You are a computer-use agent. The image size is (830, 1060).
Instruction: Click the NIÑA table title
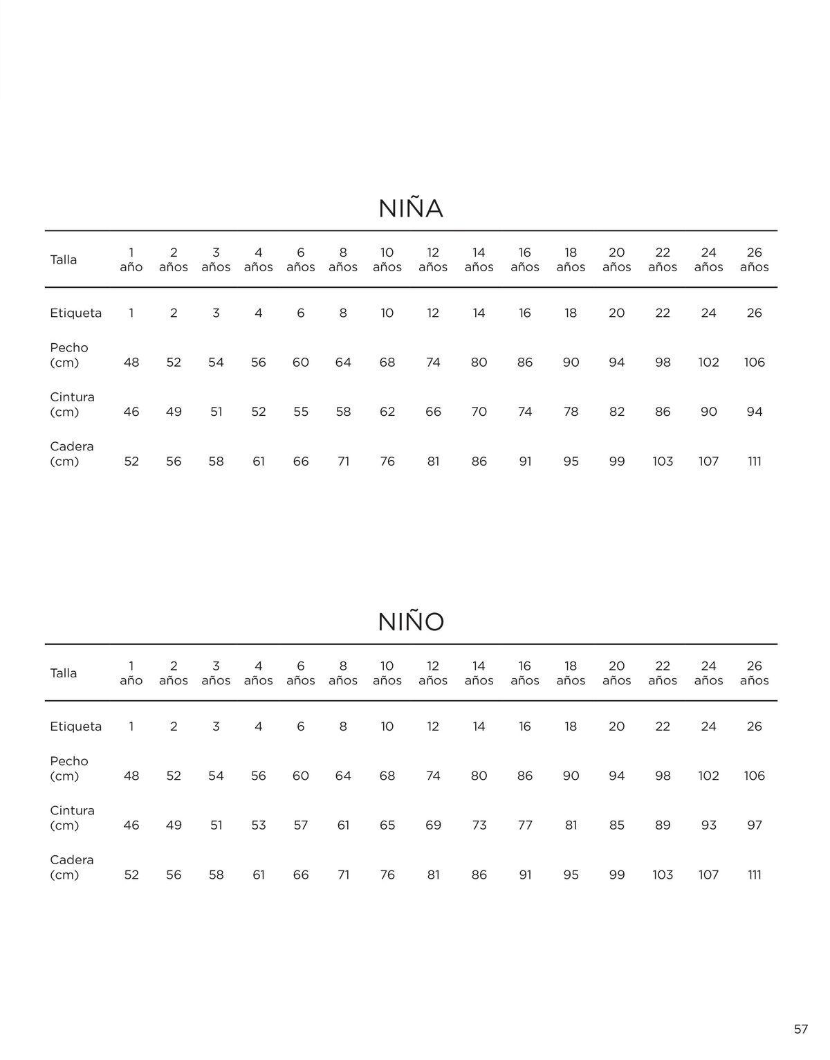(410, 209)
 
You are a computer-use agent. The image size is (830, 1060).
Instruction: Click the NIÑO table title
(411, 622)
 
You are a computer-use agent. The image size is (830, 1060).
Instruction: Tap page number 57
(800, 1029)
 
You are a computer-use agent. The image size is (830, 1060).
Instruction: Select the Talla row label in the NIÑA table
(64, 260)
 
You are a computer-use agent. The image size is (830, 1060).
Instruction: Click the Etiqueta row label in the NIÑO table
(75, 727)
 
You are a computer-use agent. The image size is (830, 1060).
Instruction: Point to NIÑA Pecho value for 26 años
(754, 363)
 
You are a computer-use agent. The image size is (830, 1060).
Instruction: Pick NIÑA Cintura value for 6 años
(300, 412)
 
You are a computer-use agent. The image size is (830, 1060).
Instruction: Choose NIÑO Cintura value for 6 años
(300, 825)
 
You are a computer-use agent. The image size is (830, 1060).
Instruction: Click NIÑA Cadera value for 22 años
(663, 462)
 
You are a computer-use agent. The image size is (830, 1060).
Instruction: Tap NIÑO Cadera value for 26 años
(754, 875)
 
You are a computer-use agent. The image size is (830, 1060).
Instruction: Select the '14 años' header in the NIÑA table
(479, 259)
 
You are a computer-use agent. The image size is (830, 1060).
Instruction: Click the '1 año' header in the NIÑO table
(131, 673)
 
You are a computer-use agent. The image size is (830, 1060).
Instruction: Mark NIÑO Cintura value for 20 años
(616, 825)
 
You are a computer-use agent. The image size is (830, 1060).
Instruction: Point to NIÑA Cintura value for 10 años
(387, 412)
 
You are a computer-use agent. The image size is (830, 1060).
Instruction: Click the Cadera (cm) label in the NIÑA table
(71, 454)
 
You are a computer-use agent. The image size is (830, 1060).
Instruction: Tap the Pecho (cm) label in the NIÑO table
(69, 769)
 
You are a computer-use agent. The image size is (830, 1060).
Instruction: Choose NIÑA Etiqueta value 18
(571, 313)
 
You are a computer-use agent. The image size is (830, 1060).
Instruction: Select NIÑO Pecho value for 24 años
(708, 776)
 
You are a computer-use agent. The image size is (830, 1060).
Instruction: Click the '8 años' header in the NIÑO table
(343, 673)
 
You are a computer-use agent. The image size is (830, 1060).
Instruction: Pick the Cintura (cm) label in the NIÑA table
(72, 405)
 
